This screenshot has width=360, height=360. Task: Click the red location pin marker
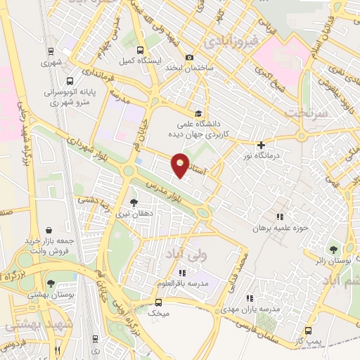click(181, 164)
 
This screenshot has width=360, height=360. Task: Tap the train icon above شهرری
click(50, 51)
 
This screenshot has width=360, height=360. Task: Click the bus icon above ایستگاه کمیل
click(140, 51)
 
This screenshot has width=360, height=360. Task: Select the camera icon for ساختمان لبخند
click(188, 58)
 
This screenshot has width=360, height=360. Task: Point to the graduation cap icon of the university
click(199, 113)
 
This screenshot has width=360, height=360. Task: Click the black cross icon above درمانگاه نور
click(261, 145)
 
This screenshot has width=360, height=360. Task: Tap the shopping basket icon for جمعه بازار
click(49, 230)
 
